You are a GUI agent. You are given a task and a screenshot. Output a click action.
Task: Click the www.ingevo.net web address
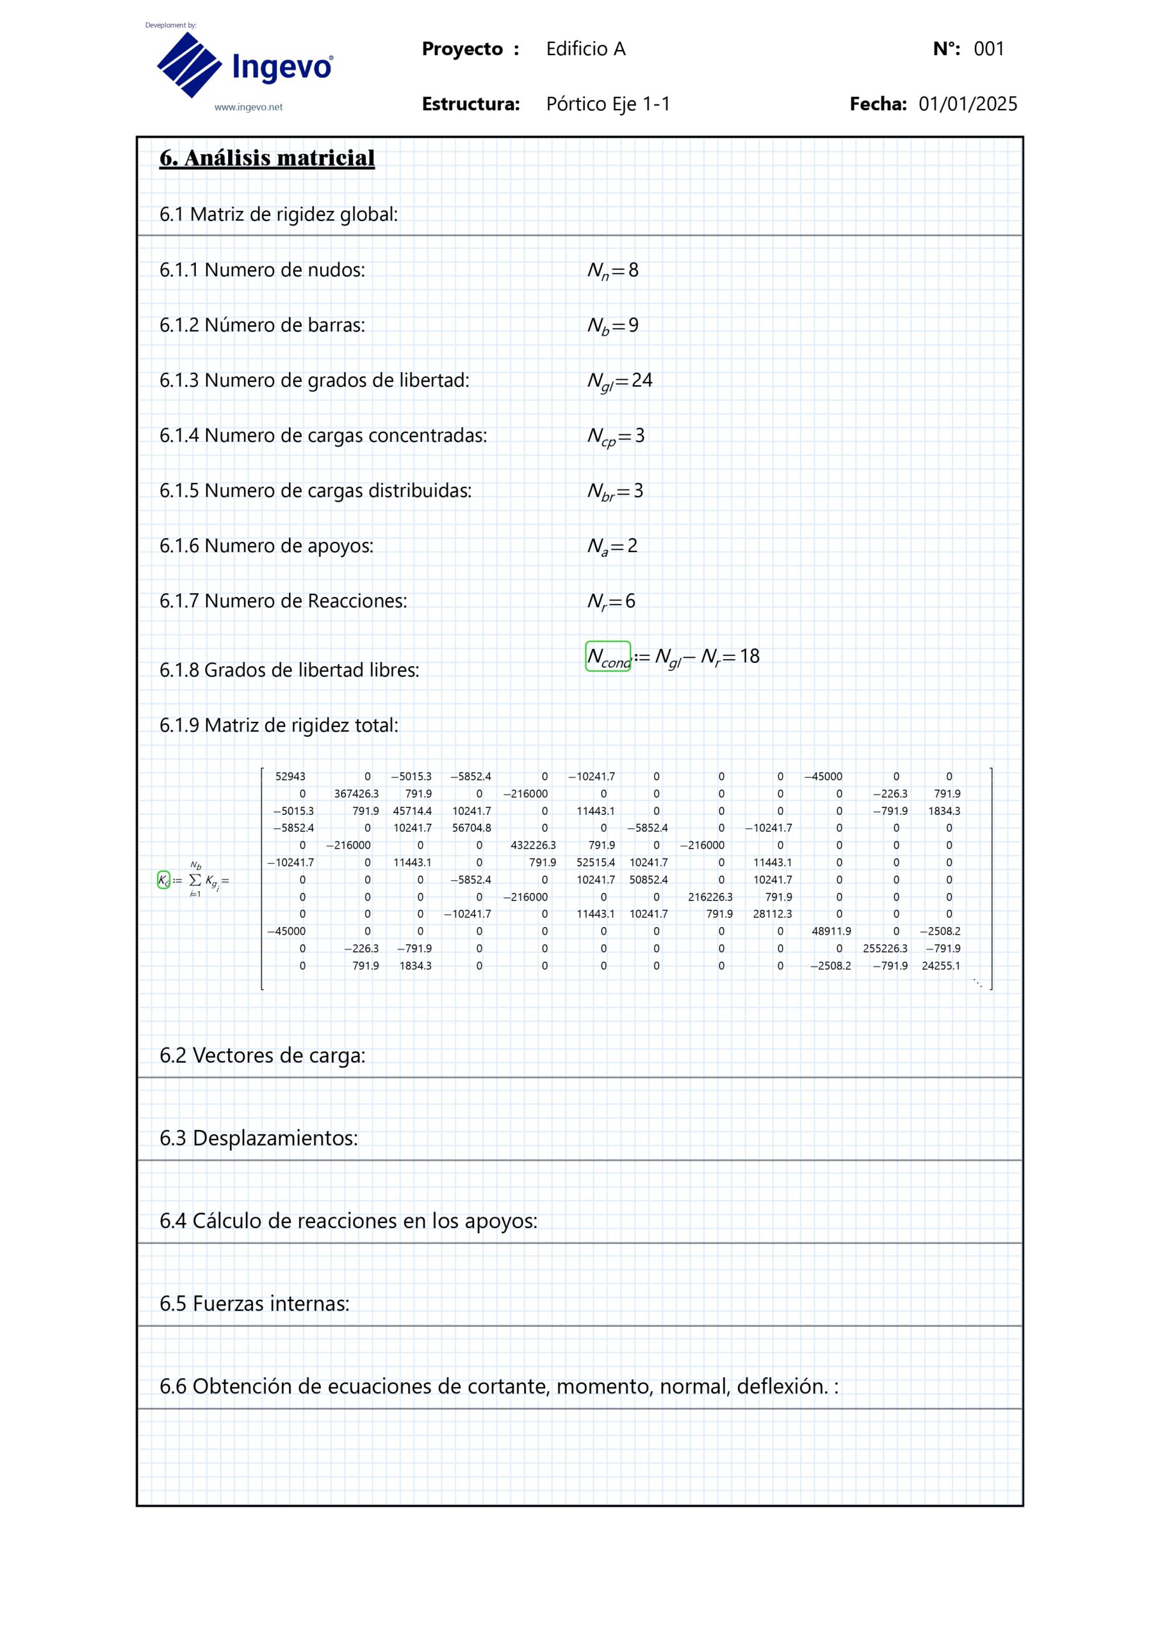[x=249, y=107]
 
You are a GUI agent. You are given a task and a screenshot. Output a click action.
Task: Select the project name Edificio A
[x=585, y=49]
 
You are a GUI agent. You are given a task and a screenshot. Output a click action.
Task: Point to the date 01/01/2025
[x=968, y=104]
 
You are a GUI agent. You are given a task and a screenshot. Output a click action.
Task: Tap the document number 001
[x=989, y=49]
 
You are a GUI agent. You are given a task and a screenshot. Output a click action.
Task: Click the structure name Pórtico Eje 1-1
[x=608, y=104]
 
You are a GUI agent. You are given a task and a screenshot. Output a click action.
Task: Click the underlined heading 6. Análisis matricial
[x=266, y=158]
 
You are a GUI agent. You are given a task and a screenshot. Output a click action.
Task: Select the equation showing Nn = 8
[x=613, y=271]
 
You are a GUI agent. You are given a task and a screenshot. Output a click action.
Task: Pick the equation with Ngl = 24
[x=619, y=381]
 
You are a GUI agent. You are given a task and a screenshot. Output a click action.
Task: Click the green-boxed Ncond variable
[x=608, y=657]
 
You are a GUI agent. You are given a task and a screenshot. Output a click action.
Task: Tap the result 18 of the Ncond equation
[x=749, y=657]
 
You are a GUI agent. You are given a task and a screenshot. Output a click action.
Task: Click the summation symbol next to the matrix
[x=195, y=881]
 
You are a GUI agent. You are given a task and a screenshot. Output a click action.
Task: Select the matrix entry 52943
[x=290, y=776]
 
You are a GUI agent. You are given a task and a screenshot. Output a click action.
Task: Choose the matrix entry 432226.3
[x=533, y=845]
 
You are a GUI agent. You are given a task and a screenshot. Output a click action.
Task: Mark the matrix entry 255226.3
[x=885, y=949]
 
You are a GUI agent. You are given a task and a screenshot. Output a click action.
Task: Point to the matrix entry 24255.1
[x=941, y=965]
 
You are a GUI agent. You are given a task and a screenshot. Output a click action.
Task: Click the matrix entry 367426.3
[x=356, y=794]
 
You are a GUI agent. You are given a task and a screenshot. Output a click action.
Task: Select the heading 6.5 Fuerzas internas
[x=254, y=1304]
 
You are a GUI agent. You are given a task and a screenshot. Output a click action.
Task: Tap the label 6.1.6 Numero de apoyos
[x=266, y=546]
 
